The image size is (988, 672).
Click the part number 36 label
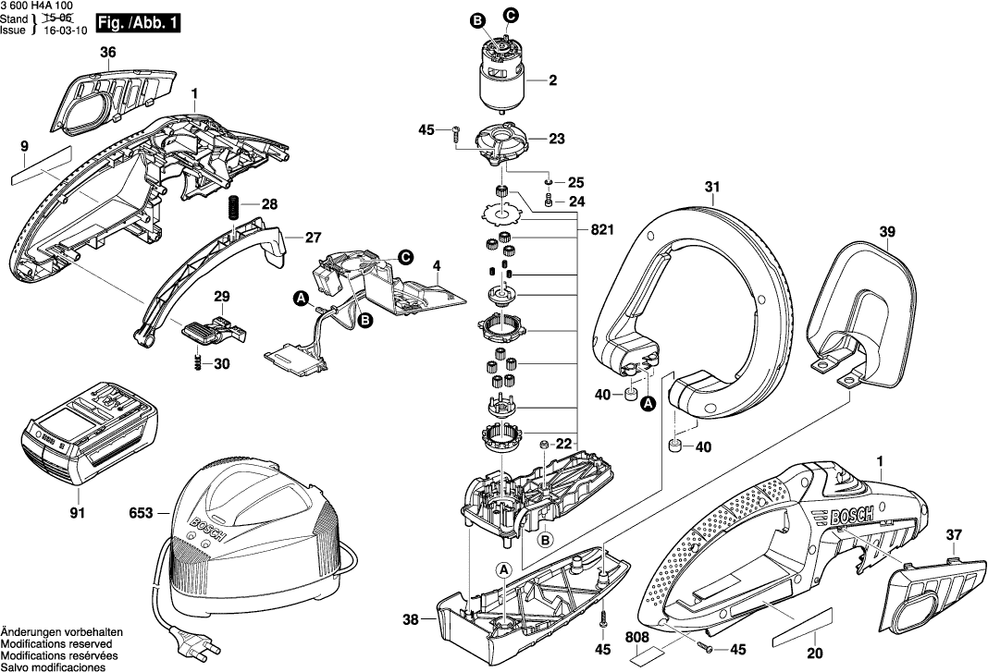(108, 53)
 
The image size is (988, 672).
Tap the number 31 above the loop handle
(711, 189)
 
